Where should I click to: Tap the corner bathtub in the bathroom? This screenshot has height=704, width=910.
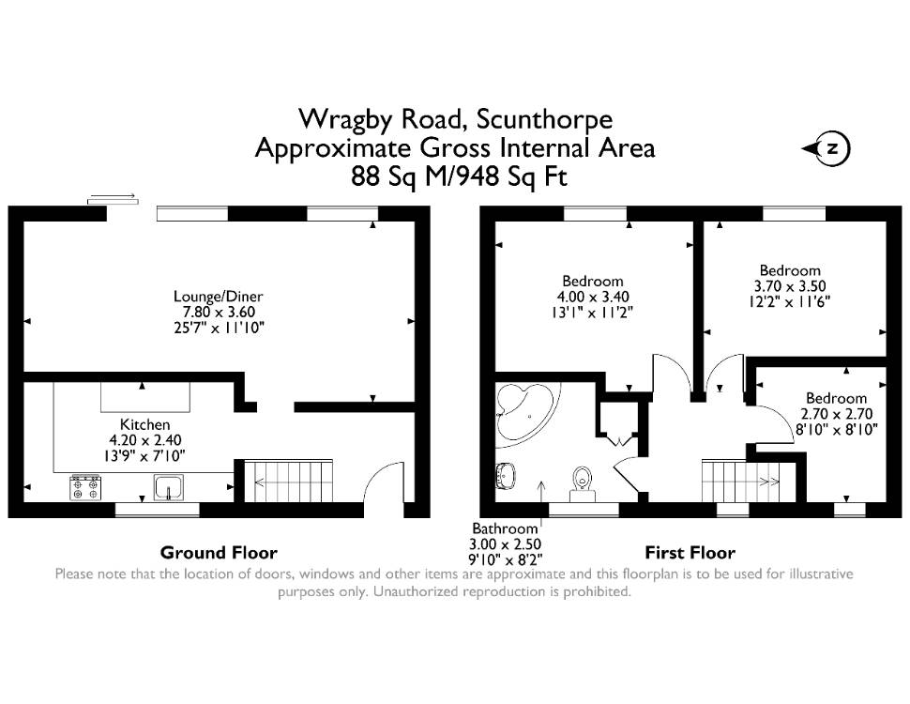(x=525, y=410)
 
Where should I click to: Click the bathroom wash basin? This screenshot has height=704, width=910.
(x=506, y=476)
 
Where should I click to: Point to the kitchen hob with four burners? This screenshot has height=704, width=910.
(x=85, y=487)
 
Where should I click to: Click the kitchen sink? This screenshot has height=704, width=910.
(x=168, y=487)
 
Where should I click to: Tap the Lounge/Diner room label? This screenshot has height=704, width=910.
(x=219, y=297)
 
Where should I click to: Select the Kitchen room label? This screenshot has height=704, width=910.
(x=145, y=424)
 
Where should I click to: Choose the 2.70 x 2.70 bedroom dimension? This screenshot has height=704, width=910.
(x=836, y=414)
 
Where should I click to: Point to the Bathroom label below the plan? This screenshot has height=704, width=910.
(x=505, y=528)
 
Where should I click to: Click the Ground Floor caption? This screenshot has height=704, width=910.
(x=219, y=552)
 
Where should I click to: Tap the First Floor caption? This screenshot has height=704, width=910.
(x=690, y=552)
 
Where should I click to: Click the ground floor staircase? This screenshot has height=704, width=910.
(x=288, y=481)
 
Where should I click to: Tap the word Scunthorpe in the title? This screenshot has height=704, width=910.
(x=544, y=119)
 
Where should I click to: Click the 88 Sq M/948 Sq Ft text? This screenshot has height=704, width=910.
(x=459, y=176)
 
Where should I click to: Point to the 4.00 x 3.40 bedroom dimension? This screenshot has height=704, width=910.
(x=593, y=297)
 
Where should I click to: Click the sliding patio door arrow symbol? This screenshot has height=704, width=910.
(x=114, y=199)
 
